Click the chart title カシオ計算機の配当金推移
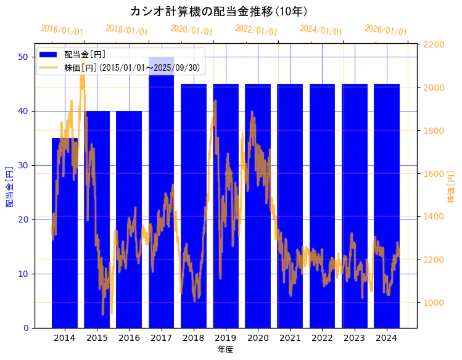pos(219,11)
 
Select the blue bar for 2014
pos(65,247)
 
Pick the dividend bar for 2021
pos(290,185)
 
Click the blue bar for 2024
pos(387,185)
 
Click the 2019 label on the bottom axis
pos(225,338)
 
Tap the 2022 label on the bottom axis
pos(322,338)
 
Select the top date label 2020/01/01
pos(191,30)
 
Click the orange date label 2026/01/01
pos(386,30)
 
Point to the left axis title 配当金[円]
pos(9,186)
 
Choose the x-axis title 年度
pos(225,350)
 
